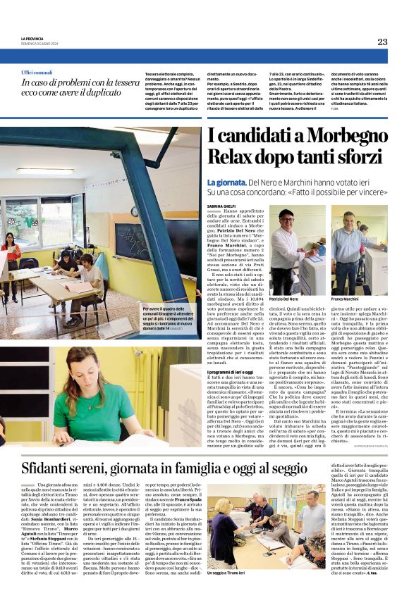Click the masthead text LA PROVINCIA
point(32,39)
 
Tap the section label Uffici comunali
point(37,73)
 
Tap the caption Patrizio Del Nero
point(284,299)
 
